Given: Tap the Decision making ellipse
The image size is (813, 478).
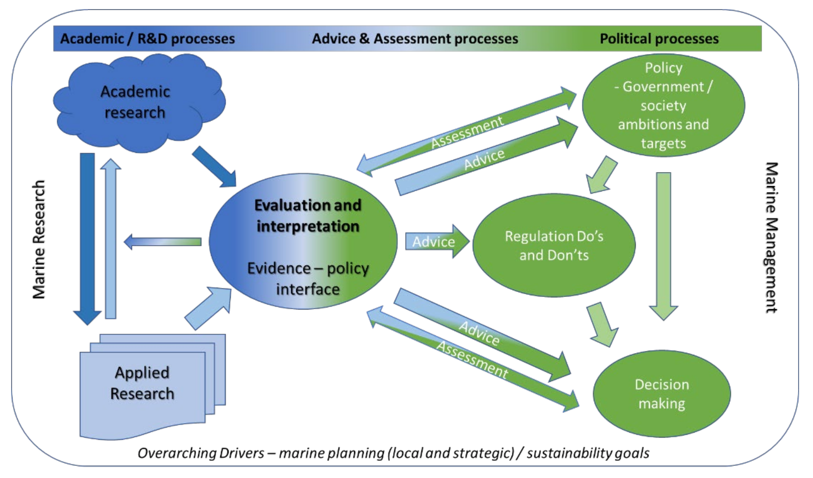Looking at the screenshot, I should click(x=661, y=394).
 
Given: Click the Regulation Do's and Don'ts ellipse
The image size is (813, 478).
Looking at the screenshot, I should click(x=554, y=245).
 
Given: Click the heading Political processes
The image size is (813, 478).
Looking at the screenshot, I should click(x=659, y=39).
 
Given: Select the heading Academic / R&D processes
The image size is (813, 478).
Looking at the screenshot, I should click(x=147, y=39).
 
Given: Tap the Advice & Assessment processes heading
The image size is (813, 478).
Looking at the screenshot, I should click(x=415, y=39).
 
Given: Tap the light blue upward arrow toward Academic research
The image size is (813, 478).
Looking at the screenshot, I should click(x=111, y=239).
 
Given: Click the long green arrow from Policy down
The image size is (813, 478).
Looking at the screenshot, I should click(x=663, y=242).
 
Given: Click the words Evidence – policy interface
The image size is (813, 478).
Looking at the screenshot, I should click(x=308, y=278).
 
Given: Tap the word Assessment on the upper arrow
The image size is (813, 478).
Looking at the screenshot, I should click(x=467, y=132).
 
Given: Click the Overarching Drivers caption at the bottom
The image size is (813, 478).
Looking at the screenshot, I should click(x=394, y=453).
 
